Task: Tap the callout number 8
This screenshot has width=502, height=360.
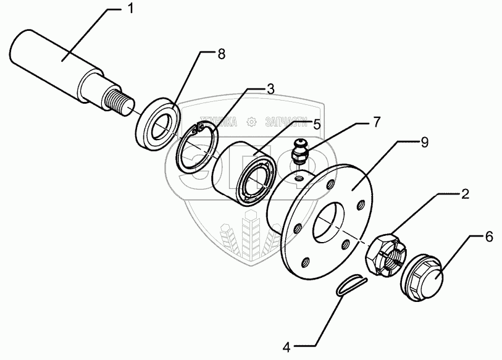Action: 221,54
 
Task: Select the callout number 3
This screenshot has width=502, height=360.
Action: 270,89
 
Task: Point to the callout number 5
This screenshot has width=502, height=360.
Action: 317,123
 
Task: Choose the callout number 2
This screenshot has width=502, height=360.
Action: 464,196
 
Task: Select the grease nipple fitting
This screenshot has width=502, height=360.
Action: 299,151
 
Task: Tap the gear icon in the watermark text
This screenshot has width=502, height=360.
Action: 251,122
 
